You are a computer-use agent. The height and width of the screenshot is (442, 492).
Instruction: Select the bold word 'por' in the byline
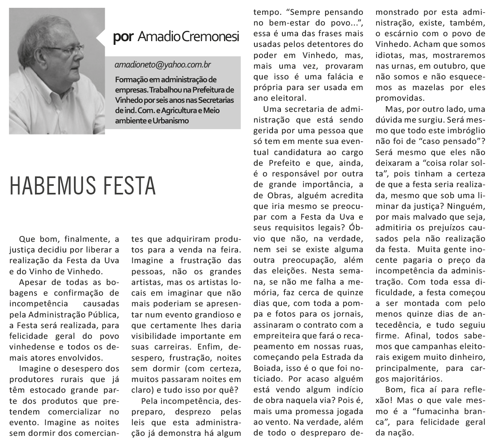click(123, 37)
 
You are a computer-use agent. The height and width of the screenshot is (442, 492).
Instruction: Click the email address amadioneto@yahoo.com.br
click(163, 65)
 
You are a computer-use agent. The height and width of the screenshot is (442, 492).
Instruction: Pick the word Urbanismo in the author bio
click(169, 121)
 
